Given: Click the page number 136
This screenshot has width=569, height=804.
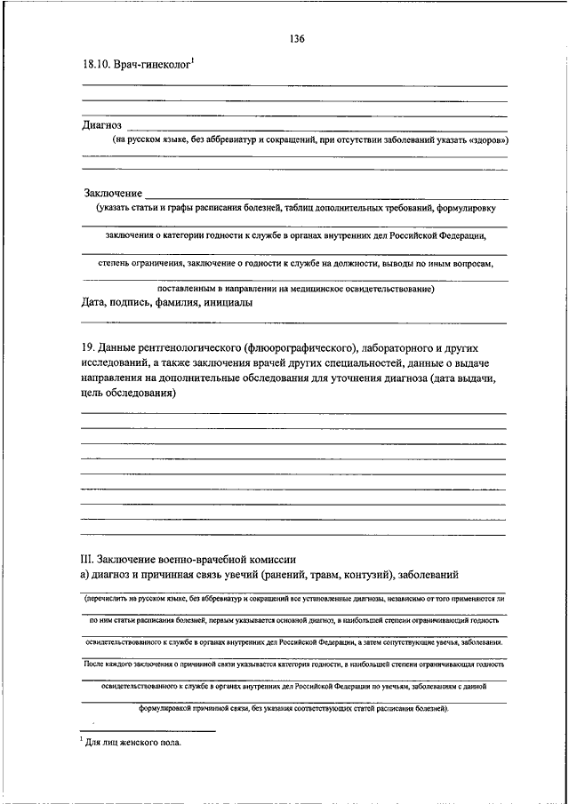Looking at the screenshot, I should point(297,39).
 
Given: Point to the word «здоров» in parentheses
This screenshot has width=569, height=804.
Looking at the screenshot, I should point(487,140).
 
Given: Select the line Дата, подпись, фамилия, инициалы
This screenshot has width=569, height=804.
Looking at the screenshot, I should point(166,302).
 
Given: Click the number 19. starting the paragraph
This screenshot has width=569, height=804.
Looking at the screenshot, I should point(88,347).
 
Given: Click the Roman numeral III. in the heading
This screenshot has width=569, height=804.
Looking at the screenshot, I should point(87,559).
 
